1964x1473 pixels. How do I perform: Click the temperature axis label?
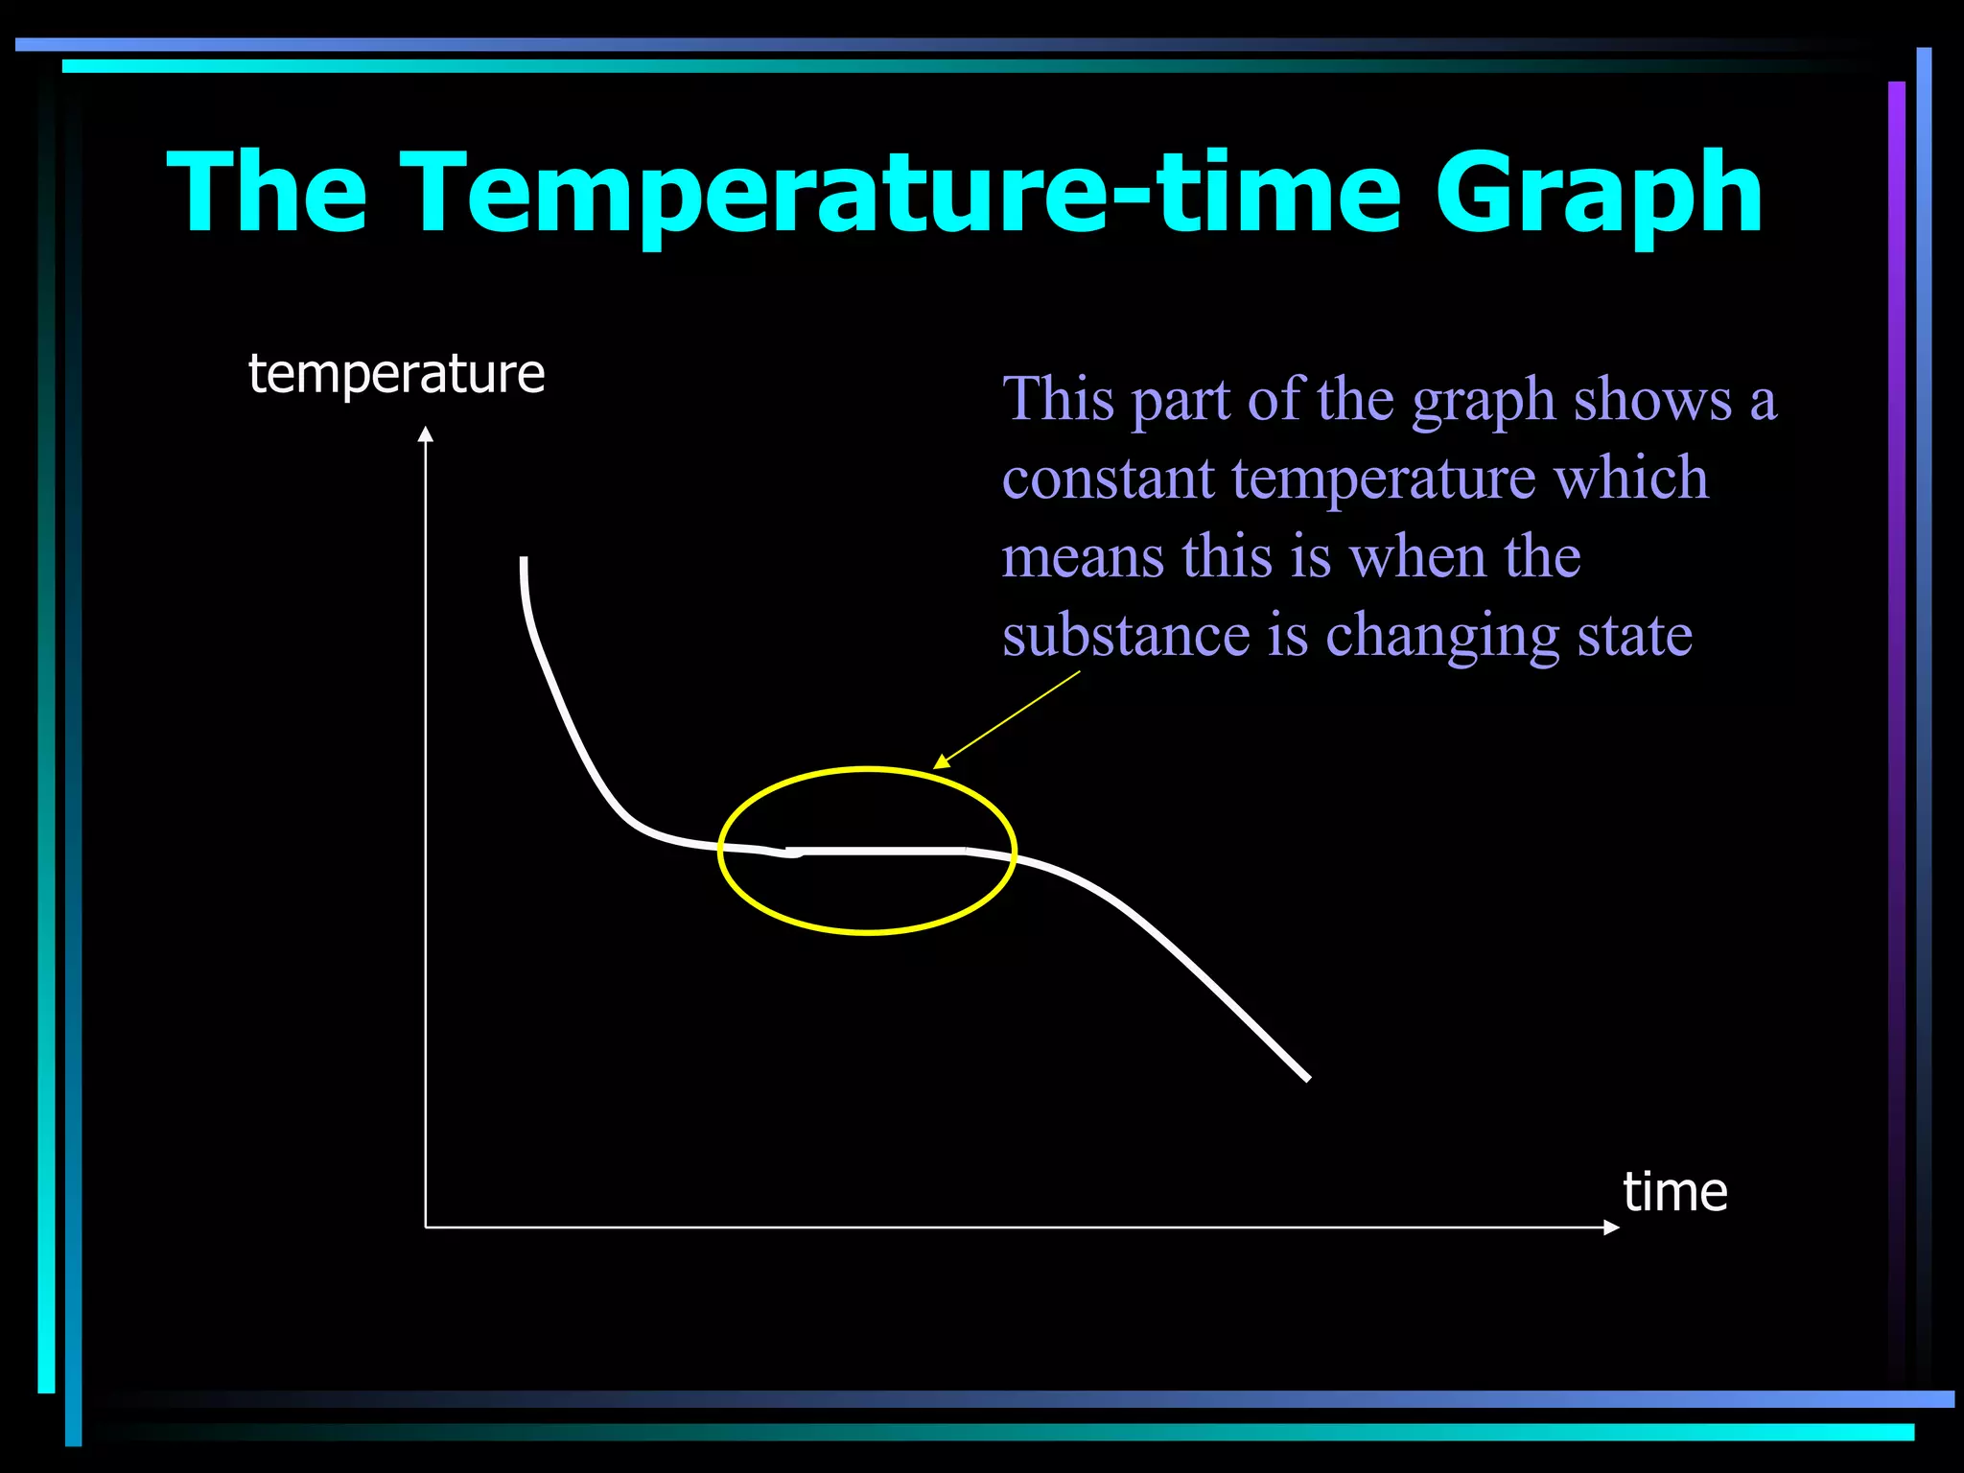(396, 374)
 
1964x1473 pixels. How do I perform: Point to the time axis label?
(1674, 1192)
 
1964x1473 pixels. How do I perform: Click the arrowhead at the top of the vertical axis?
(426, 434)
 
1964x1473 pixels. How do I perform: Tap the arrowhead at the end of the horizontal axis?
(1611, 1227)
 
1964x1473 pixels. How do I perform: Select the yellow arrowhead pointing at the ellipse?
(942, 761)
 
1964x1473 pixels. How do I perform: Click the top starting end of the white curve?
(524, 560)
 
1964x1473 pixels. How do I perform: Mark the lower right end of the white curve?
(1306, 1077)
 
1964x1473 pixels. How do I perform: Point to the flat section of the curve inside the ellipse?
(877, 851)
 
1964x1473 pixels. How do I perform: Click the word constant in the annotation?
(1108, 479)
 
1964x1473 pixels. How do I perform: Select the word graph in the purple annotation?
(1483, 401)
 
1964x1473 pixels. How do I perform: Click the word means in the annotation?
(1083, 557)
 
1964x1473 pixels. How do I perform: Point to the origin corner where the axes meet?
(426, 1227)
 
